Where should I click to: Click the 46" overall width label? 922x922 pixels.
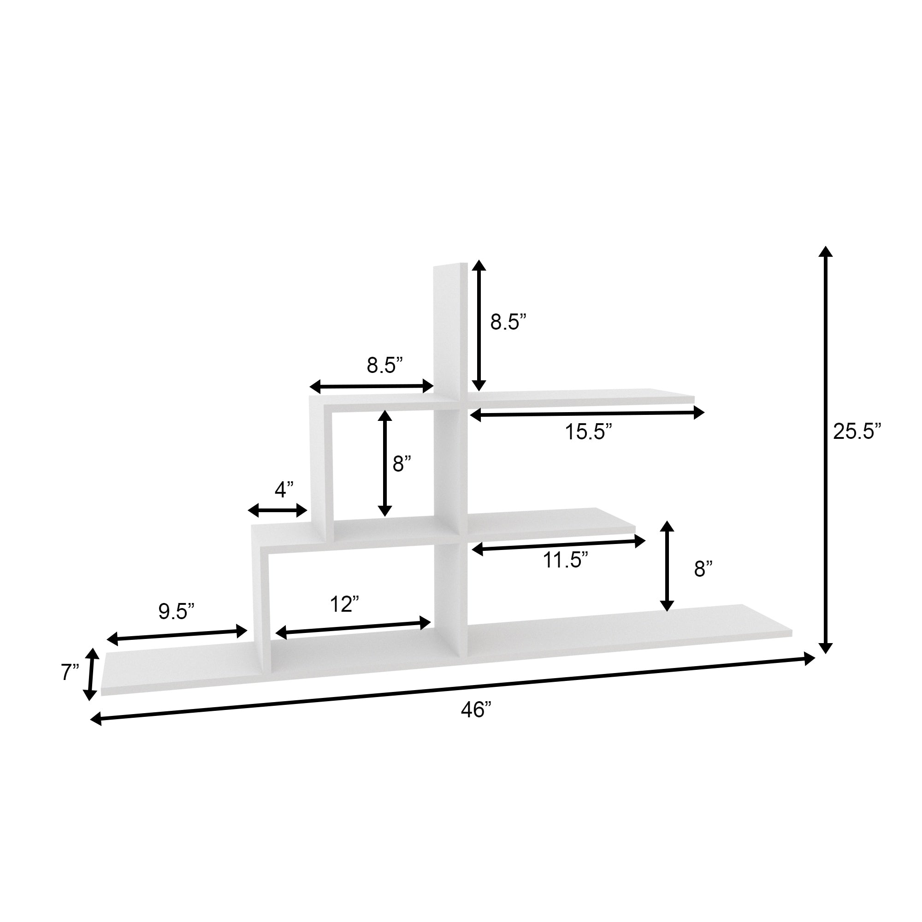pos(476,710)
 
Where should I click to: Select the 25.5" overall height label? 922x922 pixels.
pos(857,431)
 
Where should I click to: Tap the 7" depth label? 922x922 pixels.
pos(70,673)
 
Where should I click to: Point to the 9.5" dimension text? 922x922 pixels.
pos(176,611)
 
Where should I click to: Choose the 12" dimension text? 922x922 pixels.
pos(344,605)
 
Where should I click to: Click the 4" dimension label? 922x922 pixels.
pos(284,490)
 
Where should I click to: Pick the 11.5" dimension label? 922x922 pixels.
pos(565,560)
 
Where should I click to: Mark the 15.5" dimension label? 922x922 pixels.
pos(588,432)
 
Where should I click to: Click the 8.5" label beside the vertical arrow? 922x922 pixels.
pos(508,323)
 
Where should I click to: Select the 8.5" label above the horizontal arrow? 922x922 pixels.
pos(384,365)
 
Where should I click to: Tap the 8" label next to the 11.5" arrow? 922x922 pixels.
pos(703,569)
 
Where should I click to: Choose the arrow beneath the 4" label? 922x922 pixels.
pos(277,510)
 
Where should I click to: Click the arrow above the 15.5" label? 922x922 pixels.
pos(587,414)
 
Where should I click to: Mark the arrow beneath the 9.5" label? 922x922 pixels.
pos(177,635)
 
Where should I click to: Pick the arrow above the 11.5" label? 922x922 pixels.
pos(558,545)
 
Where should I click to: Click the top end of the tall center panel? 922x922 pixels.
pos(450,266)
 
